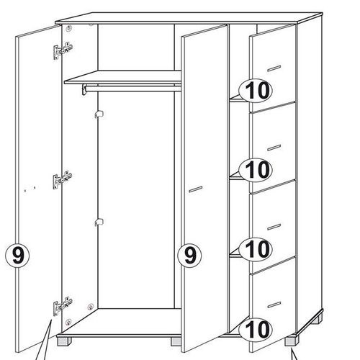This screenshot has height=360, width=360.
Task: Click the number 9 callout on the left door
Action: pyautogui.click(x=17, y=256)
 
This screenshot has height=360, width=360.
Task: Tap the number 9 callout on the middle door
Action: pyautogui.click(x=189, y=256)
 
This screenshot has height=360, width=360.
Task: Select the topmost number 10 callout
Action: pyautogui.click(x=256, y=91)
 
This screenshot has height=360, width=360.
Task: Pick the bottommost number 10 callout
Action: pyautogui.click(x=256, y=329)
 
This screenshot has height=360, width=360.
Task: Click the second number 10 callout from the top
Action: pyautogui.click(x=256, y=169)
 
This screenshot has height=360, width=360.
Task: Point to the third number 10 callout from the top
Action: pyautogui.click(x=256, y=249)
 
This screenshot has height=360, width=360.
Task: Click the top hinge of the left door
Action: pyautogui.click(x=63, y=50)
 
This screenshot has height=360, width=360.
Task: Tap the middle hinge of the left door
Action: pyautogui.click(x=63, y=180)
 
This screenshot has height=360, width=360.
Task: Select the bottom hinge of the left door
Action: pyautogui.click(x=63, y=306)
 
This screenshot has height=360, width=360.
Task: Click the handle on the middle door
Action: pyautogui.click(x=196, y=189)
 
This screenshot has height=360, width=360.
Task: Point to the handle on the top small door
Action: pyautogui.click(x=274, y=68)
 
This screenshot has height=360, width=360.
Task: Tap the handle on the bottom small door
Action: pyautogui.click(x=274, y=305)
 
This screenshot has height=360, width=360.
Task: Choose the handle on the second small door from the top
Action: pyautogui.click(x=274, y=148)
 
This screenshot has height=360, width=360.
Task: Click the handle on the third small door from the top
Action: pyautogui.click(x=274, y=227)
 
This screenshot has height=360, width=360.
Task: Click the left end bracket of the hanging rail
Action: pyautogui.click(x=84, y=89)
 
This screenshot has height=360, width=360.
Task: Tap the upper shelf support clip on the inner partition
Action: pyautogui.click(x=99, y=114)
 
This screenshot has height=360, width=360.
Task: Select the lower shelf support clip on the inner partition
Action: pyautogui.click(x=99, y=222)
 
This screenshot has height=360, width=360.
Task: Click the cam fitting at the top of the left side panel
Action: pyautogui.click(x=69, y=29)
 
